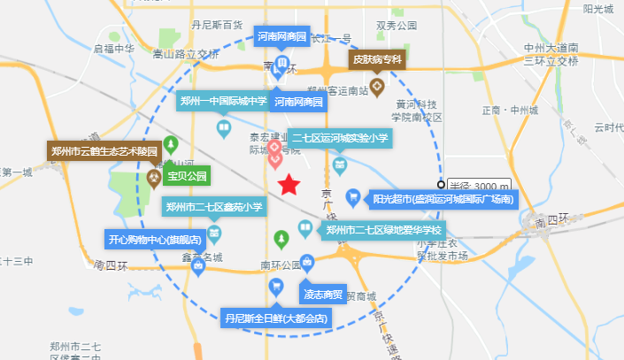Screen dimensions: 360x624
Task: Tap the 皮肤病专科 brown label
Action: pos(377,59)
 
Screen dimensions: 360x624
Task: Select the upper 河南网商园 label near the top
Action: pos(281,37)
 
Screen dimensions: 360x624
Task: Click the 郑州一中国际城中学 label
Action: pos(223,101)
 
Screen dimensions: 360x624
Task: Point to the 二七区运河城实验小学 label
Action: pos(340,138)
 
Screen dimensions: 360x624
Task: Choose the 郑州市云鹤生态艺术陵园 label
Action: pos(104,151)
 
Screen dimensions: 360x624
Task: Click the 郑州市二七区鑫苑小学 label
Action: pos(215,207)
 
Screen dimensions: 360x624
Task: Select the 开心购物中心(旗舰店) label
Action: pos(154,240)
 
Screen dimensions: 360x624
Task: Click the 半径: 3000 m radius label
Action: pos(479,185)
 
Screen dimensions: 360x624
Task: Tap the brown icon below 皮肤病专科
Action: pos(376,87)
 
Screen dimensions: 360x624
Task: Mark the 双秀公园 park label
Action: pos(396,27)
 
